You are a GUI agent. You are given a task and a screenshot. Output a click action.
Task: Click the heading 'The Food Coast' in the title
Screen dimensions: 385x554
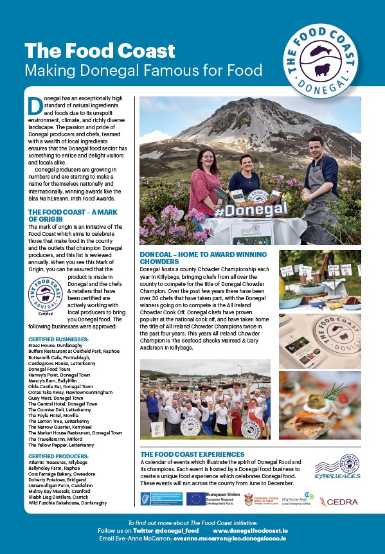tap(99, 51)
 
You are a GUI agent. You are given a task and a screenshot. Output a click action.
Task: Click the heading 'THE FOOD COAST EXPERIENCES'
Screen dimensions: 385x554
tap(192, 454)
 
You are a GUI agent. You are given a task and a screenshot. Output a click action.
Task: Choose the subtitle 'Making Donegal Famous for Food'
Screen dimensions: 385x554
tap(143, 69)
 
